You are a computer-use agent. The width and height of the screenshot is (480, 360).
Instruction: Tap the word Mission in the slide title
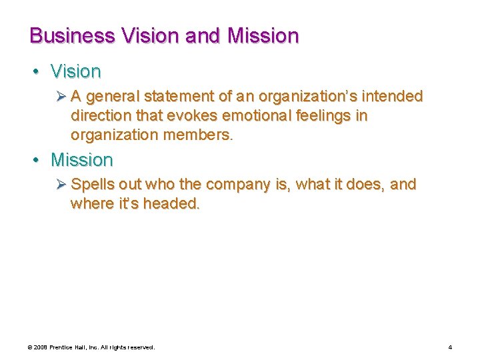tap(263, 35)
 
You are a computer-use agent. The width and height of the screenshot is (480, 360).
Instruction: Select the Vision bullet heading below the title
tap(76, 71)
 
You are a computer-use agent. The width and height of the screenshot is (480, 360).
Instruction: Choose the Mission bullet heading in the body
tap(82, 160)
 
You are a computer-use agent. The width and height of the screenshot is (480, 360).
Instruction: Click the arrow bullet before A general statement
tap(61, 97)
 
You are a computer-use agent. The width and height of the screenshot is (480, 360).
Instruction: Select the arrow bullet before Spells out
tap(61, 185)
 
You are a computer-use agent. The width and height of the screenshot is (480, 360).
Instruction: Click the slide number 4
tap(450, 347)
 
